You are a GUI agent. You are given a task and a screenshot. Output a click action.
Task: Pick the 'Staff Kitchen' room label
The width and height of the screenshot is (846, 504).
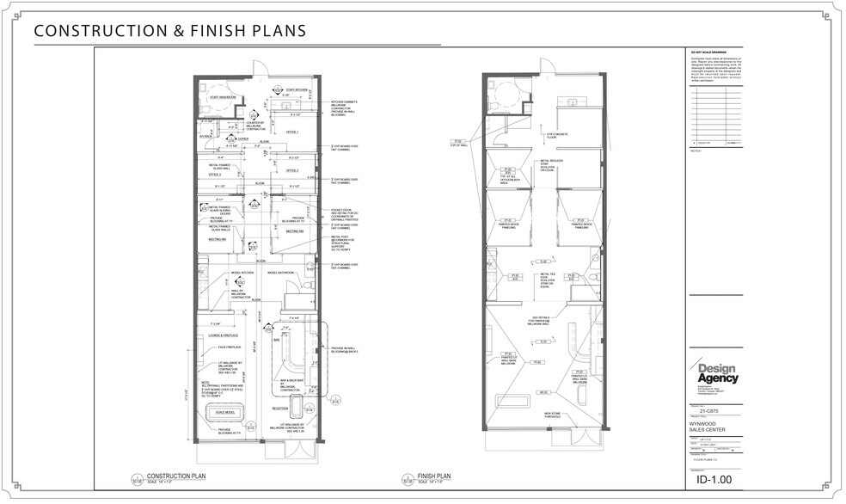297,89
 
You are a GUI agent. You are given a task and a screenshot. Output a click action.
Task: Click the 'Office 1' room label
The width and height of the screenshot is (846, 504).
292,132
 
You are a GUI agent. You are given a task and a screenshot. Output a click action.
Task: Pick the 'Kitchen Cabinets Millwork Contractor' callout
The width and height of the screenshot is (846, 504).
346,107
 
